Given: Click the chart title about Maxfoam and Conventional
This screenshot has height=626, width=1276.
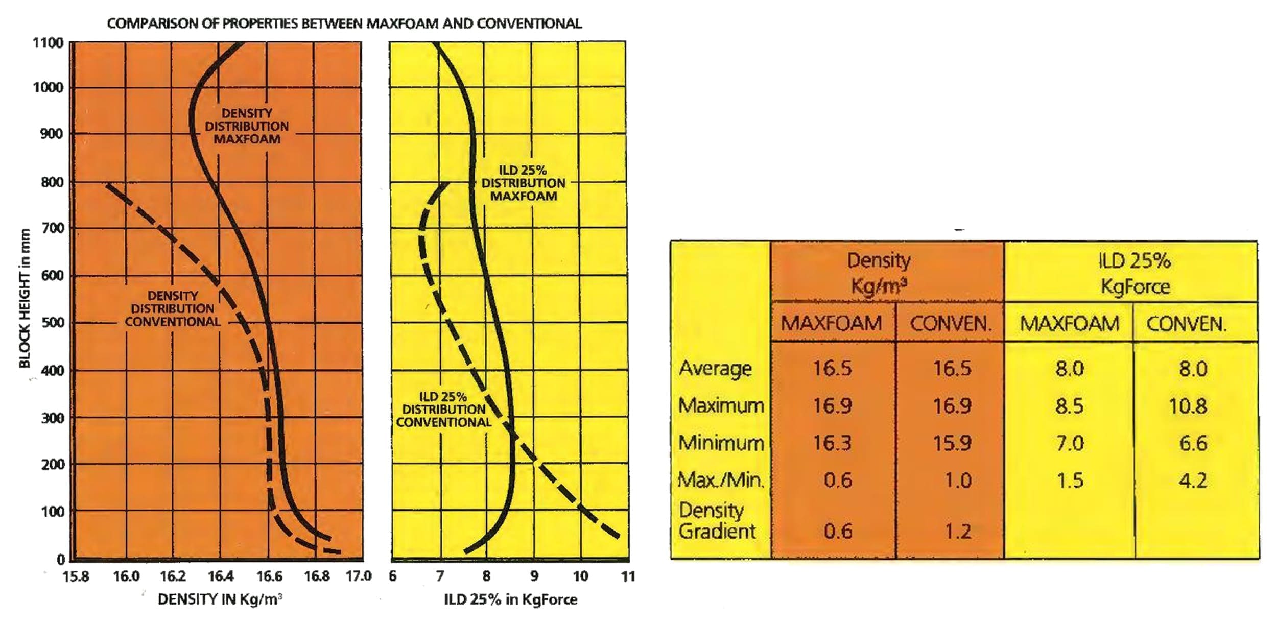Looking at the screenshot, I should click(x=344, y=23).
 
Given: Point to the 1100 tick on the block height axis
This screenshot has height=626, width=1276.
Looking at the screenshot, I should click(x=48, y=43).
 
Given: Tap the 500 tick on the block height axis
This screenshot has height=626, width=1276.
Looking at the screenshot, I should click(x=52, y=323).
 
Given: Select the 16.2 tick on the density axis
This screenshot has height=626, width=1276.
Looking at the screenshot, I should click(x=173, y=576).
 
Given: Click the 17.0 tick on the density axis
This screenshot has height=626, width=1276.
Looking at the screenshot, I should click(x=358, y=576).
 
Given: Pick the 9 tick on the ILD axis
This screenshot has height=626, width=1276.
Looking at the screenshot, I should click(x=534, y=576).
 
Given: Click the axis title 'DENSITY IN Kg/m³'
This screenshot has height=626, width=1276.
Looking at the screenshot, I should click(x=220, y=599).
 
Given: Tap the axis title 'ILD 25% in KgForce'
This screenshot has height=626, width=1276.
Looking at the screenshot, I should click(x=510, y=599).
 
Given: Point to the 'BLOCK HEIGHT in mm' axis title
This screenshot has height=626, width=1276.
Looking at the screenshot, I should click(x=25, y=298).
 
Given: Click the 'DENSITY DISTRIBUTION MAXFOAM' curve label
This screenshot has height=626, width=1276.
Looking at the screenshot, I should click(x=247, y=126).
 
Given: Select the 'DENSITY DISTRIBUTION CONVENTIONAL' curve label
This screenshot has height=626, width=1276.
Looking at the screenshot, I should click(x=173, y=309).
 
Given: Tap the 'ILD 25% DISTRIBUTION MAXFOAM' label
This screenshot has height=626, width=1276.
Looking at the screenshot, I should click(x=523, y=183).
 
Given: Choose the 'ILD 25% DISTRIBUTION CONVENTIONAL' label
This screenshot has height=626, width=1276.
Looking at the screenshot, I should click(x=443, y=410).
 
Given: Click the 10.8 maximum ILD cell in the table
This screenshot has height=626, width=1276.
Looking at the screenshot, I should click(x=1188, y=406).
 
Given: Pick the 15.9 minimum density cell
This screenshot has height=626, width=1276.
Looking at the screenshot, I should click(x=952, y=443).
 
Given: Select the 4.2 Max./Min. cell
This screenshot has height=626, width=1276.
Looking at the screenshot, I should click(x=1193, y=480).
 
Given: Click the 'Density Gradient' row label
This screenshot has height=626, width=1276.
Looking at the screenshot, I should click(x=716, y=521).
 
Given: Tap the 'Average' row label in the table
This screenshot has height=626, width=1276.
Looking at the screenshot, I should click(x=715, y=368).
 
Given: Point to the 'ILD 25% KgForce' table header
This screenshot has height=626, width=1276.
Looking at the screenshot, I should click(x=1135, y=273).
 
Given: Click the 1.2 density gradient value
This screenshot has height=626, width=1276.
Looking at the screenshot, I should click(x=957, y=532).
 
